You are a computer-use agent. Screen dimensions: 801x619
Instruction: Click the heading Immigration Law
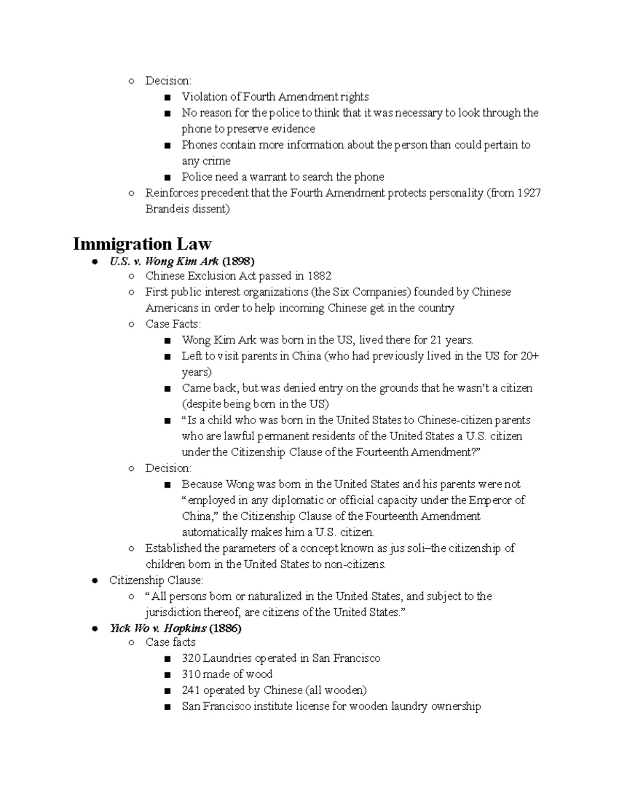click(x=142, y=243)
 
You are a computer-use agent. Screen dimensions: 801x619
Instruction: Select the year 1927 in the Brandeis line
click(x=528, y=193)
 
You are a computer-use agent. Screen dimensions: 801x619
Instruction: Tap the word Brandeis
click(x=167, y=209)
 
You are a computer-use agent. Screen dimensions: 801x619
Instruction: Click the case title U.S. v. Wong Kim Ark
click(x=164, y=260)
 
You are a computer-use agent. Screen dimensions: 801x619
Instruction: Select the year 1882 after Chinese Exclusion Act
click(x=319, y=276)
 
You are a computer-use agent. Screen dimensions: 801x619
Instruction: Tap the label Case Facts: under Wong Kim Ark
click(x=173, y=324)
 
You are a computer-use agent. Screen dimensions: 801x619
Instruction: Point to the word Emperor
click(x=491, y=500)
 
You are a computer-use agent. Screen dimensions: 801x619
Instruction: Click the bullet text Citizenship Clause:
click(x=156, y=580)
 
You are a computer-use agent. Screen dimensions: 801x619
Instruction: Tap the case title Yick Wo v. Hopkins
click(x=158, y=628)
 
